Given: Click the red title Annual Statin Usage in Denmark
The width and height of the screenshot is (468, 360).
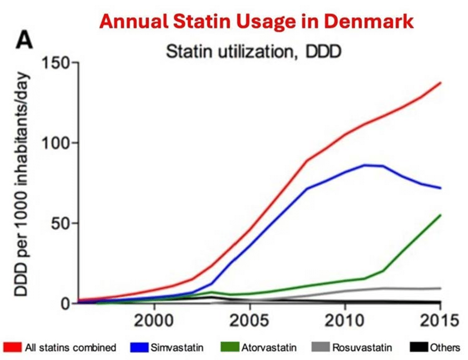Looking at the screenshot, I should [256, 21].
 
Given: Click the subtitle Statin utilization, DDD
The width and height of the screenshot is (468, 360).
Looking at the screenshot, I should [253, 52].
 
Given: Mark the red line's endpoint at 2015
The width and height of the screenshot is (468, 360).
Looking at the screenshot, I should [440, 82].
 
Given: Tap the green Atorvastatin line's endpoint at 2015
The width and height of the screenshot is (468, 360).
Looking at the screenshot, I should [440, 215].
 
